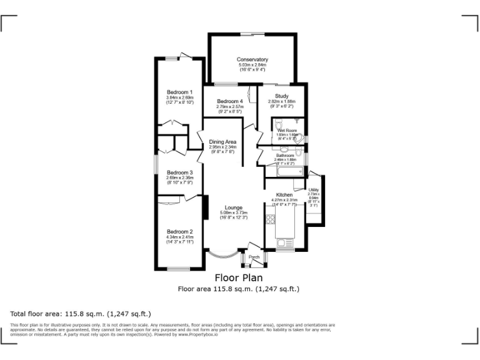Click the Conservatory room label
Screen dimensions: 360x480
(252, 59)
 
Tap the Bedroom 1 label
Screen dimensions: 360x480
(179, 92)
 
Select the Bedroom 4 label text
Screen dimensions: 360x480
(229, 101)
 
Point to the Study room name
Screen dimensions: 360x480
(281, 96)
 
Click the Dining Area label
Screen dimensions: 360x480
(222, 142)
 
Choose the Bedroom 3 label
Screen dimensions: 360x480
(179, 172)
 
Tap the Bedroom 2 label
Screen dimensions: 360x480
(179, 232)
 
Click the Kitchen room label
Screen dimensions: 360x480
(284, 195)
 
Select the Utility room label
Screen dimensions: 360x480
(314, 190)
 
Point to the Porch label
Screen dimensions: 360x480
(254, 257)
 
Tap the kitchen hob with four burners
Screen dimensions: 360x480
(271, 219)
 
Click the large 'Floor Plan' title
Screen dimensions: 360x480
(239, 277)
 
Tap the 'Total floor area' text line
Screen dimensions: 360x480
(81, 314)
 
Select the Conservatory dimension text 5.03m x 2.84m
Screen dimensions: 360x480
(252, 64)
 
